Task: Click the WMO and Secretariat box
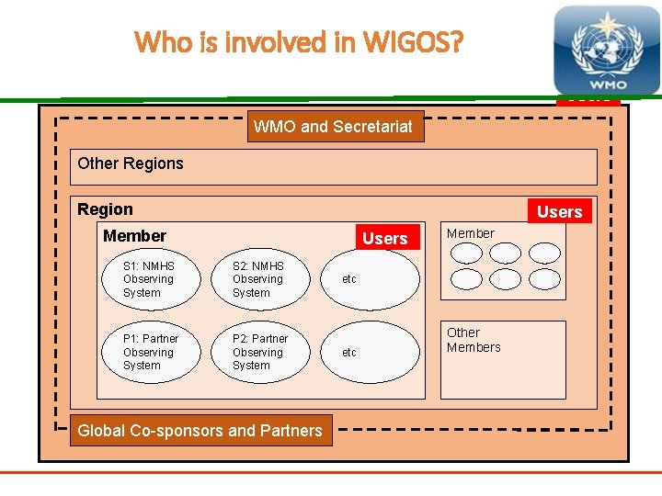coord(337,127)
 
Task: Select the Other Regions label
coord(131,163)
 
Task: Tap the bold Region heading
coord(105,209)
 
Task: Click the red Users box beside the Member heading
coord(384,238)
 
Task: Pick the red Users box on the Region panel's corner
coord(559,211)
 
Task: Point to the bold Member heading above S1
coord(134,236)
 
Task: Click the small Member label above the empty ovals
coord(471,233)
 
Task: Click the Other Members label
coord(474,340)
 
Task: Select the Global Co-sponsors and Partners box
coord(200,430)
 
